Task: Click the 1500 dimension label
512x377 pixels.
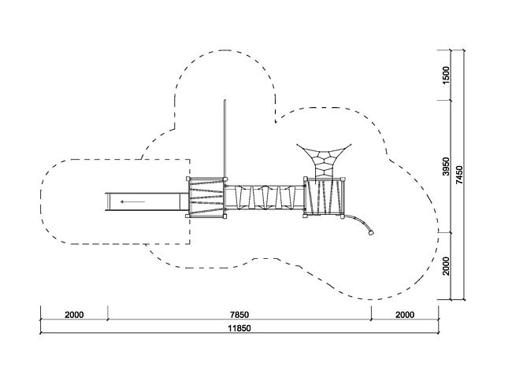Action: (x=446, y=76)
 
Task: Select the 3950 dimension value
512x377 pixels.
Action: (x=446, y=167)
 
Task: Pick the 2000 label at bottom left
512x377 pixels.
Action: (x=74, y=316)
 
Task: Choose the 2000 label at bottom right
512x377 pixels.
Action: (x=404, y=316)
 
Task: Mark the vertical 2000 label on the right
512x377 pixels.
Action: (x=446, y=266)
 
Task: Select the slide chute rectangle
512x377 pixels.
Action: (x=146, y=202)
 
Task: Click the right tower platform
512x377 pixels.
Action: (x=325, y=197)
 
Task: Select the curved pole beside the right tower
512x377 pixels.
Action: (x=361, y=223)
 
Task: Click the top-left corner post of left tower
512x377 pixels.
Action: (x=189, y=179)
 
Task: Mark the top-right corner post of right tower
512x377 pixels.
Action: (x=343, y=179)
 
